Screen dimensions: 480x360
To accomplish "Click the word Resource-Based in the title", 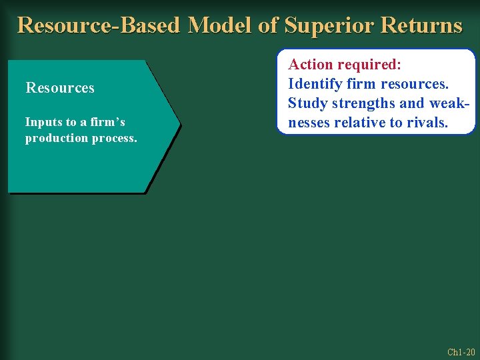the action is click(x=99, y=25).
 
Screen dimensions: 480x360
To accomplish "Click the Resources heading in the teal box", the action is click(x=60, y=88).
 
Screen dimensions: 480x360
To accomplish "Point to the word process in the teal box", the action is click(x=113, y=138).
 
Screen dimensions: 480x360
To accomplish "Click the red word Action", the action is click(x=310, y=65).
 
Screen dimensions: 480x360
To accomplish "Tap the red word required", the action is click(x=369, y=65).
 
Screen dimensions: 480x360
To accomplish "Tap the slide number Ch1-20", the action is click(x=461, y=352).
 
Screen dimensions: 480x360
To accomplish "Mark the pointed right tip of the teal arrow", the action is click(x=180, y=124).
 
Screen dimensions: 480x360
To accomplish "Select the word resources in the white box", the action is click(x=415, y=85).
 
